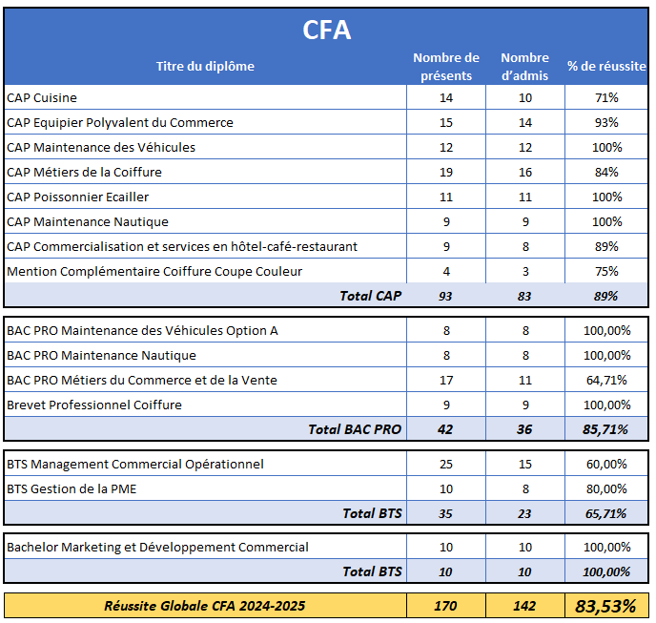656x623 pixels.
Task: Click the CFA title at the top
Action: pyautogui.click(x=327, y=30)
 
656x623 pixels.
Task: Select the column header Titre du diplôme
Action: pyautogui.click(x=205, y=66)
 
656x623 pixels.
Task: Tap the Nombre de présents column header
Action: pyautogui.click(x=446, y=67)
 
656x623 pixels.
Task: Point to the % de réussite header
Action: pyautogui.click(x=606, y=66)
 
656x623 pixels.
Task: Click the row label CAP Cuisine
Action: pyautogui.click(x=42, y=97)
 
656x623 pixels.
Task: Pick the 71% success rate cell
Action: pyautogui.click(x=606, y=97)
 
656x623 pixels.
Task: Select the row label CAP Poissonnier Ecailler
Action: pyautogui.click(x=77, y=197)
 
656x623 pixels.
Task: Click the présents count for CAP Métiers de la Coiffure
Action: pyautogui.click(x=446, y=172)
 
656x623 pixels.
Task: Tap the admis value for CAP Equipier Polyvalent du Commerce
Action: pyautogui.click(x=524, y=122)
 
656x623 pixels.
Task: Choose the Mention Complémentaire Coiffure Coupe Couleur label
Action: pyautogui.click(x=154, y=271)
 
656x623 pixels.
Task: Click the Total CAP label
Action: pyautogui.click(x=370, y=296)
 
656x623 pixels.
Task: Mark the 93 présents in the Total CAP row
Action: pyautogui.click(x=446, y=296)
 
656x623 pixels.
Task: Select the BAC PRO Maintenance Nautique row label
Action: pyautogui.click(x=101, y=355)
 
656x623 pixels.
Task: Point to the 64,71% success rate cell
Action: pyautogui.click(x=606, y=380)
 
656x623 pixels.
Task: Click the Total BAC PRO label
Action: pyautogui.click(x=355, y=429)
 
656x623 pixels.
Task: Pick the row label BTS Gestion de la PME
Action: pyautogui.click(x=74, y=488)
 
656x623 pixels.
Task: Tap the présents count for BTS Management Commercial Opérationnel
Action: pyautogui.click(x=446, y=464)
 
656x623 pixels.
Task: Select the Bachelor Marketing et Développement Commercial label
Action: pyautogui.click(x=157, y=547)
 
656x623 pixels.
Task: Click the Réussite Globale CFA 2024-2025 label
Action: pyautogui.click(x=205, y=605)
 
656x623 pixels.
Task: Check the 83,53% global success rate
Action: pyautogui.click(x=606, y=605)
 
